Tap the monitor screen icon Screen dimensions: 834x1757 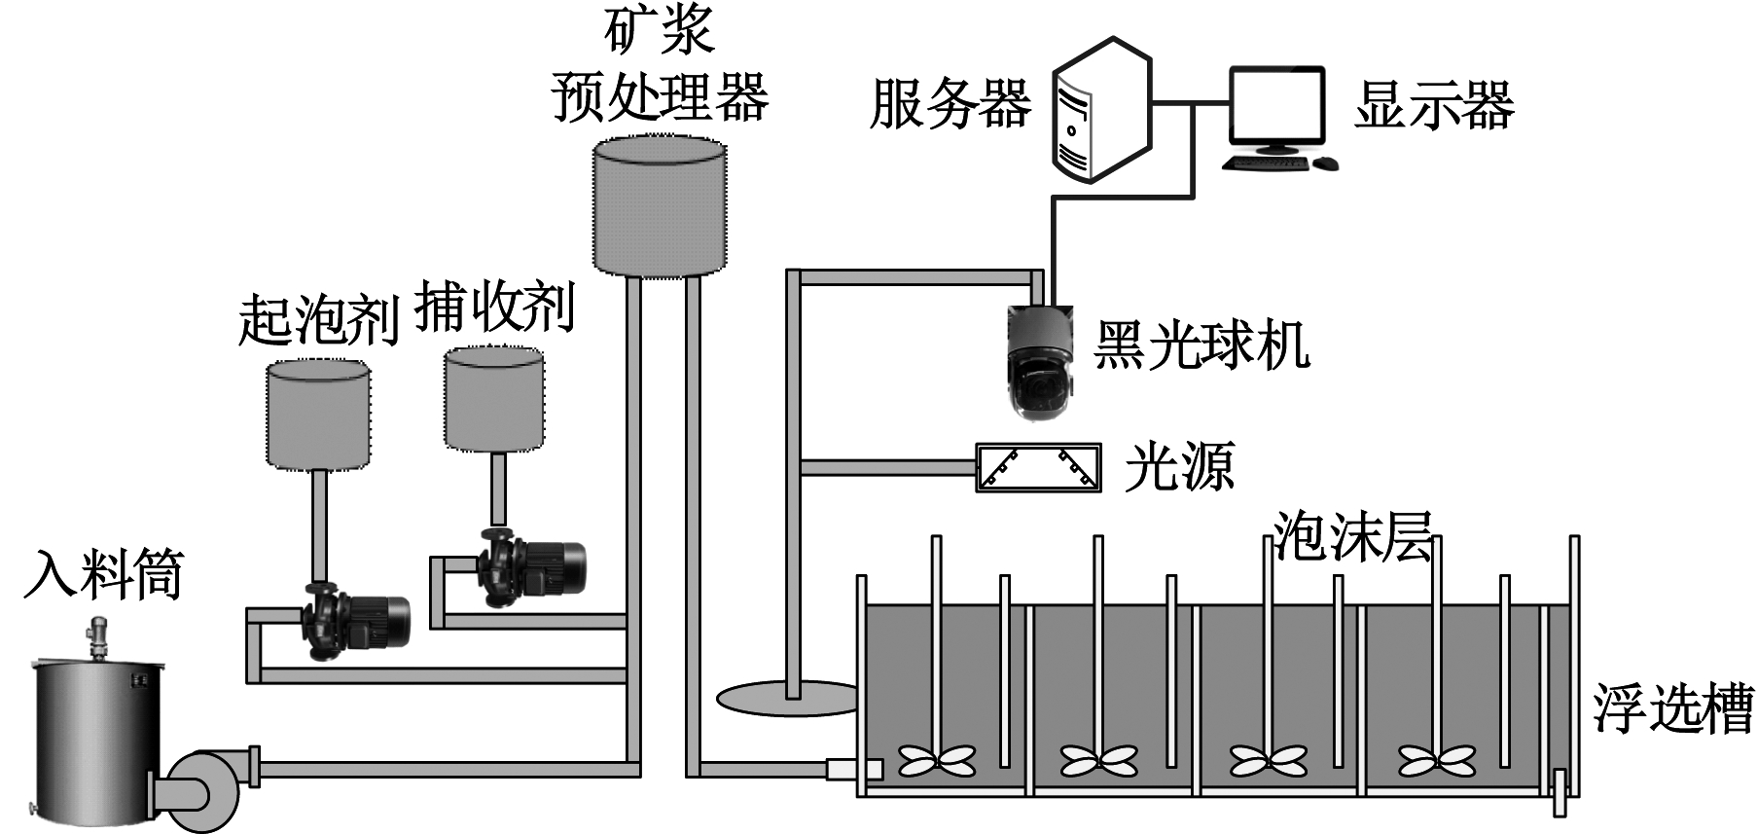tap(1276, 105)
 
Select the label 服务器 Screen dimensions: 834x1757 tap(950, 104)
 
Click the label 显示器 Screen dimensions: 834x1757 tap(1434, 105)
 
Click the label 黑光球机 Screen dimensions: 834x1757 tap(1201, 344)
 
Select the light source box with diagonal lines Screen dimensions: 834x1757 tap(1038, 468)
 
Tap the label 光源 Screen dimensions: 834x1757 tap(1179, 467)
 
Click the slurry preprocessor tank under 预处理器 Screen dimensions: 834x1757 tap(660, 206)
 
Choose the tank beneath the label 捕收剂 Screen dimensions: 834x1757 tap(494, 400)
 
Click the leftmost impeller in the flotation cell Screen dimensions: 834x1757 tap(936, 760)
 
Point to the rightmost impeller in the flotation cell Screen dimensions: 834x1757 tap(1436, 760)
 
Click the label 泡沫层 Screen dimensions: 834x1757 tap(1352, 536)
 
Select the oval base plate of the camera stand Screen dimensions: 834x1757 tap(786, 698)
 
